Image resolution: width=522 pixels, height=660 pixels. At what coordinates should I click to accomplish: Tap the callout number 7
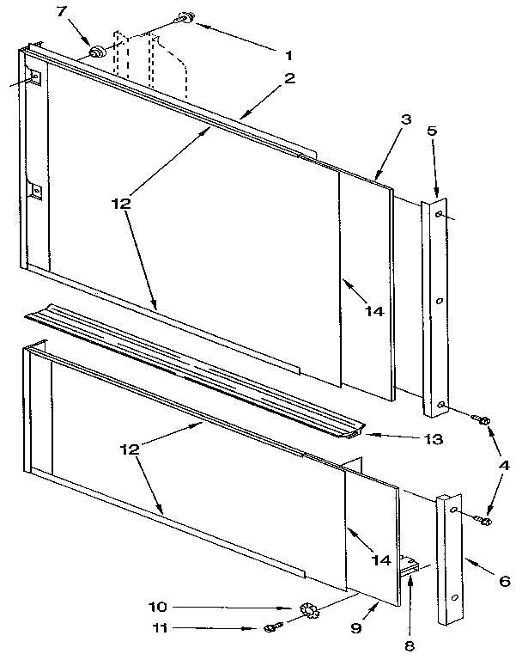pyautogui.click(x=60, y=11)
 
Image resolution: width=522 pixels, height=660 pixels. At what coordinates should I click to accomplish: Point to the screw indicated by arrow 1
pyautogui.click(x=183, y=17)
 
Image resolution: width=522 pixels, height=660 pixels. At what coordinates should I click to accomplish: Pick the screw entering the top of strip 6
pyautogui.click(x=483, y=518)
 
